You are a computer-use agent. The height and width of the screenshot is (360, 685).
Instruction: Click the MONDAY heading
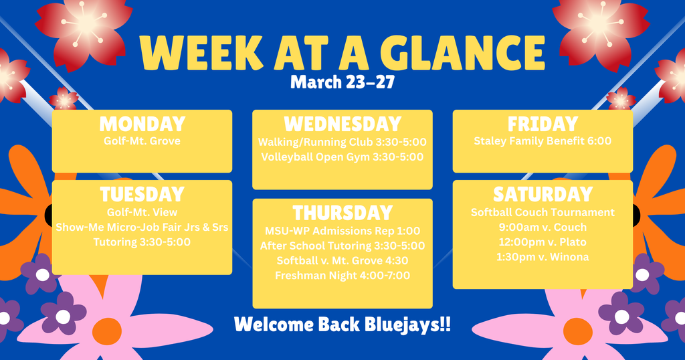(x=142, y=124)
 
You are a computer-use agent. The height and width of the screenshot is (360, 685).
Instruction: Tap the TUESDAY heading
(x=142, y=195)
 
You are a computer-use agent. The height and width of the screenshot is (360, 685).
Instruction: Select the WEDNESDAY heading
(x=342, y=124)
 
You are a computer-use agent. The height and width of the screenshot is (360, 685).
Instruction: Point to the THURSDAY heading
(x=342, y=213)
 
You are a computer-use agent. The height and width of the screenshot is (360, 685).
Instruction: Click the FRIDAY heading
(x=543, y=124)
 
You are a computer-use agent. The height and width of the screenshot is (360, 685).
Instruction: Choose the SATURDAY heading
(x=543, y=195)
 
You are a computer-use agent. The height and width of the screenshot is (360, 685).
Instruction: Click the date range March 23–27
(x=342, y=83)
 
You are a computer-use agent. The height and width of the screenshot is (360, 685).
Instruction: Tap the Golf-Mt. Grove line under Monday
(x=142, y=141)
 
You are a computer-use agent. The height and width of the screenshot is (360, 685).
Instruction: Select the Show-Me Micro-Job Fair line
(x=142, y=227)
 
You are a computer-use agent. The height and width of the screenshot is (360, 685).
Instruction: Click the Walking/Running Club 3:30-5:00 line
(x=342, y=142)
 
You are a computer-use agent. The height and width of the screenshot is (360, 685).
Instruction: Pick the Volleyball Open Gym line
(x=342, y=157)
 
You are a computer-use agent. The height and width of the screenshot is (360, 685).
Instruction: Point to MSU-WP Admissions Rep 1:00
(x=342, y=230)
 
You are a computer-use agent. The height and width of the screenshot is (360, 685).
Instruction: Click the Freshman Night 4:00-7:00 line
(x=342, y=276)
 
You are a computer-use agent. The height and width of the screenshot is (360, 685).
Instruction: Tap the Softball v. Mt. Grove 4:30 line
(x=342, y=260)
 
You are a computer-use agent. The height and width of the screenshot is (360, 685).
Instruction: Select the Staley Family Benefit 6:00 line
(x=543, y=141)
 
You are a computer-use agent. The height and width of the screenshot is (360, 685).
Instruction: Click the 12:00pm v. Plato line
(x=543, y=242)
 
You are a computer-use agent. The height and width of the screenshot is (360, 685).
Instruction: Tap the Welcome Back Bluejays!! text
(x=342, y=325)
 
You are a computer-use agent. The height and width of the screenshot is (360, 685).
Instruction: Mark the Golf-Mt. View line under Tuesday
(x=142, y=211)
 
